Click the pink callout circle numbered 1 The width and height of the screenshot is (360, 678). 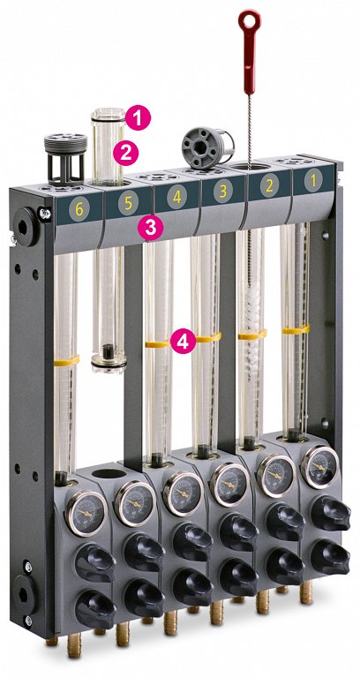click(139, 115)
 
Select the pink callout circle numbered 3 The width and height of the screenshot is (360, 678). click(151, 227)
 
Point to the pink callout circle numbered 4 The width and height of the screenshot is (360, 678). click(183, 342)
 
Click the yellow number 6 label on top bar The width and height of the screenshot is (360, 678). click(80, 208)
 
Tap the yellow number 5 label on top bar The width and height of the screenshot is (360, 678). click(129, 203)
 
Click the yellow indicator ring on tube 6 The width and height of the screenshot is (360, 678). click(65, 360)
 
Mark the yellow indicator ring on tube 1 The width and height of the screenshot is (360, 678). click(295, 329)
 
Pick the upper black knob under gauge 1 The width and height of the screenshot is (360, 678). click(327, 516)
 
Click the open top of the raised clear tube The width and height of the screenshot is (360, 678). click(107, 113)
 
